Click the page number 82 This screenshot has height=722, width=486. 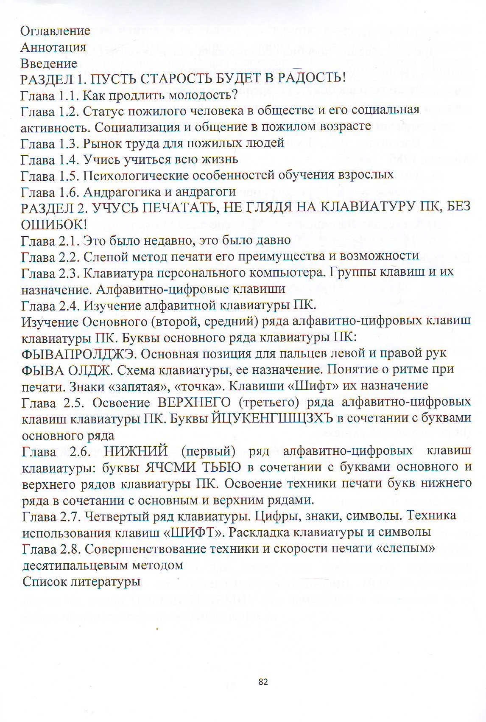[263, 682]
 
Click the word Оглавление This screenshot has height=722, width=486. [56, 31]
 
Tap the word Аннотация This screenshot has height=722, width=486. [53, 47]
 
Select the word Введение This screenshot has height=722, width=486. [49, 64]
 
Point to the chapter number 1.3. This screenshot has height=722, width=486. [67, 143]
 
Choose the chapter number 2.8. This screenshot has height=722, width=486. [68, 548]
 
